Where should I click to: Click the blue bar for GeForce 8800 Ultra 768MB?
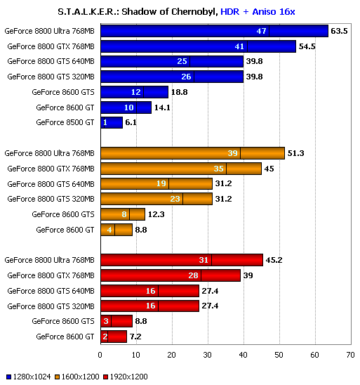[214, 31]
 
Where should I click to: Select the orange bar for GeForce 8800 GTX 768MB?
[181, 169]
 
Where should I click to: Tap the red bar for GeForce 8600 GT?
[114, 337]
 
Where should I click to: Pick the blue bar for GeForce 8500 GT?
[112, 122]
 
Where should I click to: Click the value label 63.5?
[339, 31]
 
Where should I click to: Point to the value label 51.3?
[295, 153]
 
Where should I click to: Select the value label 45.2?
[274, 260]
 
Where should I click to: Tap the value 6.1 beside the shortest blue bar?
[131, 122]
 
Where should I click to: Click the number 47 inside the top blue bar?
[262, 31]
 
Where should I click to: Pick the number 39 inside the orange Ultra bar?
[232, 153]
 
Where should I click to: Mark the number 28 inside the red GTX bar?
[193, 275]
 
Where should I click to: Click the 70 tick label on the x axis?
[350, 355]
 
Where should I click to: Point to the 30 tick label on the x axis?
[208, 355]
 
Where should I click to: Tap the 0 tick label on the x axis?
[100, 355]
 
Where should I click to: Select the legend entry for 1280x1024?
[29, 377]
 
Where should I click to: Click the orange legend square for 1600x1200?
[57, 377]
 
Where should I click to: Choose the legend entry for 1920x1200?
[126, 377]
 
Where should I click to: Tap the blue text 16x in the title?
[287, 11]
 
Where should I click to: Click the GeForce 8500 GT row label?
[65, 122]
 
